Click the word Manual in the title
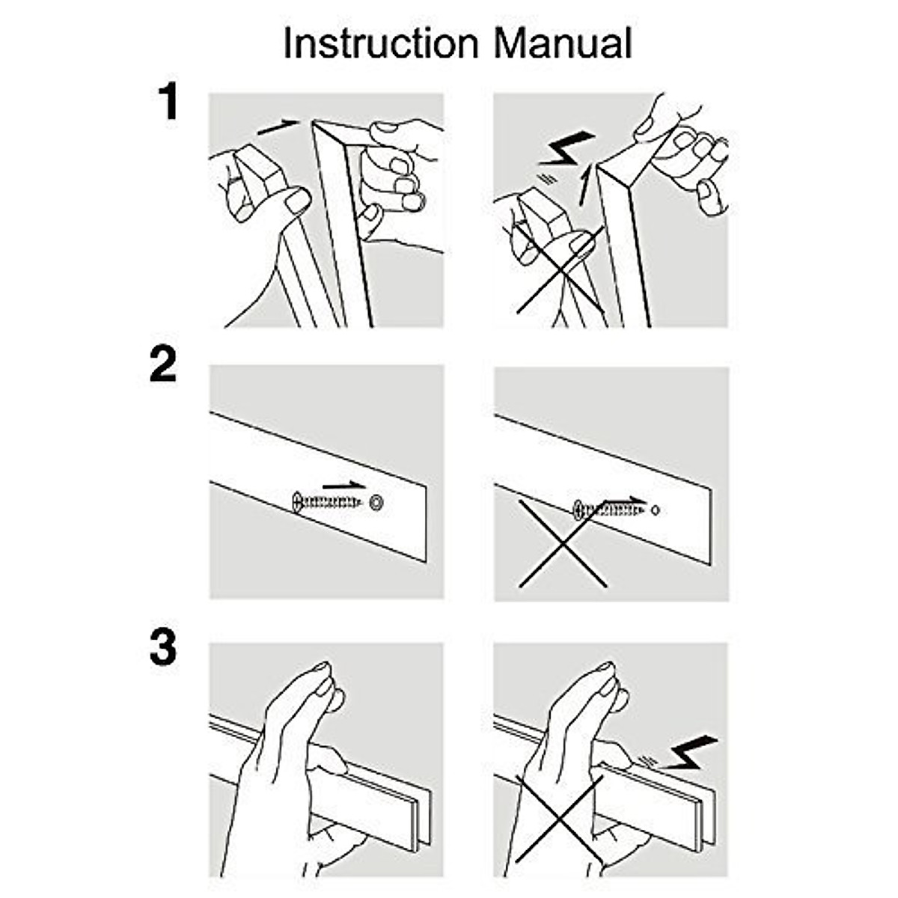click(x=563, y=43)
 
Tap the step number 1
click(x=169, y=103)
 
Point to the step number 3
click(x=163, y=647)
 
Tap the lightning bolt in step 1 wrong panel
click(x=566, y=150)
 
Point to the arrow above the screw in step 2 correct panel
click(x=345, y=486)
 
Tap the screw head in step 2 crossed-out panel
click(x=578, y=511)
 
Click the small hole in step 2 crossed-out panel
click(x=656, y=510)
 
